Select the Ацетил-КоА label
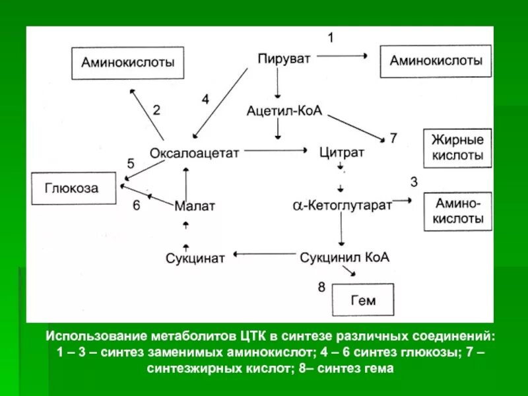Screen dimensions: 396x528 point(284,111)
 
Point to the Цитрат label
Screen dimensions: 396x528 point(342,152)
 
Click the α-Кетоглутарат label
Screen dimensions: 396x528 point(343,205)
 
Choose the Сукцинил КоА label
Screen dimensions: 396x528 point(345,257)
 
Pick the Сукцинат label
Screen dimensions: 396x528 point(195,257)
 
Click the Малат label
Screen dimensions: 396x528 point(195,206)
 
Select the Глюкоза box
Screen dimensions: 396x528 point(72,188)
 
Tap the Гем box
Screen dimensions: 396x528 point(362,300)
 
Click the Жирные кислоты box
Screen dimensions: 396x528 point(457,148)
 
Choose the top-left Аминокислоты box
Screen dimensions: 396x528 point(127,63)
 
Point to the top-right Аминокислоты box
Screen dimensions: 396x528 point(436,61)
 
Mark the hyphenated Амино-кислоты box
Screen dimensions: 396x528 point(457,211)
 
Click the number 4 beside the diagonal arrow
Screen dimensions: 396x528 point(205,100)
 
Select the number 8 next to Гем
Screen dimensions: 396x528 point(321,287)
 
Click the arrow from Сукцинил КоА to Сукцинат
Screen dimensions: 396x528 point(264,254)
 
